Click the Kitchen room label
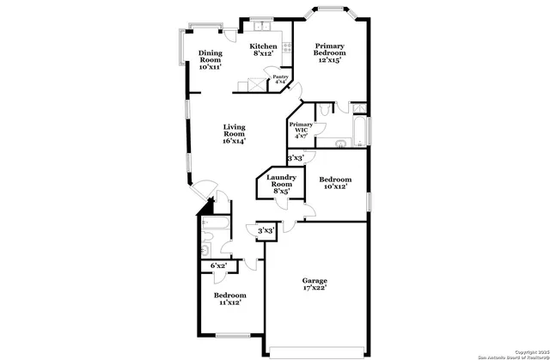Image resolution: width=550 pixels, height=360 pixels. coord(263,50)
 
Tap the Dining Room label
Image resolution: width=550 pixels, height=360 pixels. coord(211,59)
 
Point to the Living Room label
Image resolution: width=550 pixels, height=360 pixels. coord(235,134)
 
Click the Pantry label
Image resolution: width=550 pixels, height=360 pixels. coord(280,80)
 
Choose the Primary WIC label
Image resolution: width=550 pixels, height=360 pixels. coord(301,130)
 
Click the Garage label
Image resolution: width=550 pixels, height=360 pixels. coord(314,285)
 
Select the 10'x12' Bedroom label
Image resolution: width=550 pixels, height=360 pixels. coord(333,184)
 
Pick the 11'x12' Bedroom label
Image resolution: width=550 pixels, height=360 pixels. coord(228,298)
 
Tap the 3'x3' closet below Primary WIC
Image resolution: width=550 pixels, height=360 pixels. coord(296,158)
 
